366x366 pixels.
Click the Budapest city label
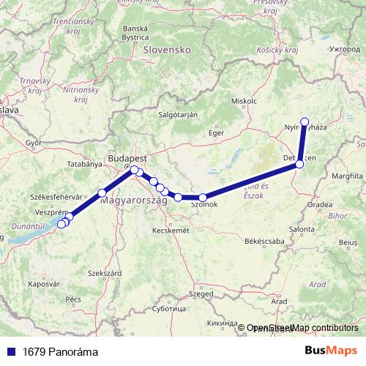pyautogui.click(x=127, y=158)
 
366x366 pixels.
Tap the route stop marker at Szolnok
pyautogui.click(x=203, y=197)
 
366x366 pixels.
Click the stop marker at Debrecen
pyautogui.click(x=299, y=165)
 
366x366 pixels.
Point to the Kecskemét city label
pyautogui.click(x=169, y=230)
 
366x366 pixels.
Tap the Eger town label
pyautogui.click(x=215, y=133)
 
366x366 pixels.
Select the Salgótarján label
pyautogui.click(x=179, y=115)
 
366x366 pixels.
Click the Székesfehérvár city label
pyautogui.click(x=54, y=197)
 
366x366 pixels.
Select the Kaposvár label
pyautogui.click(x=43, y=283)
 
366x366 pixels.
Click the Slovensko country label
pyautogui.click(x=167, y=50)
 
